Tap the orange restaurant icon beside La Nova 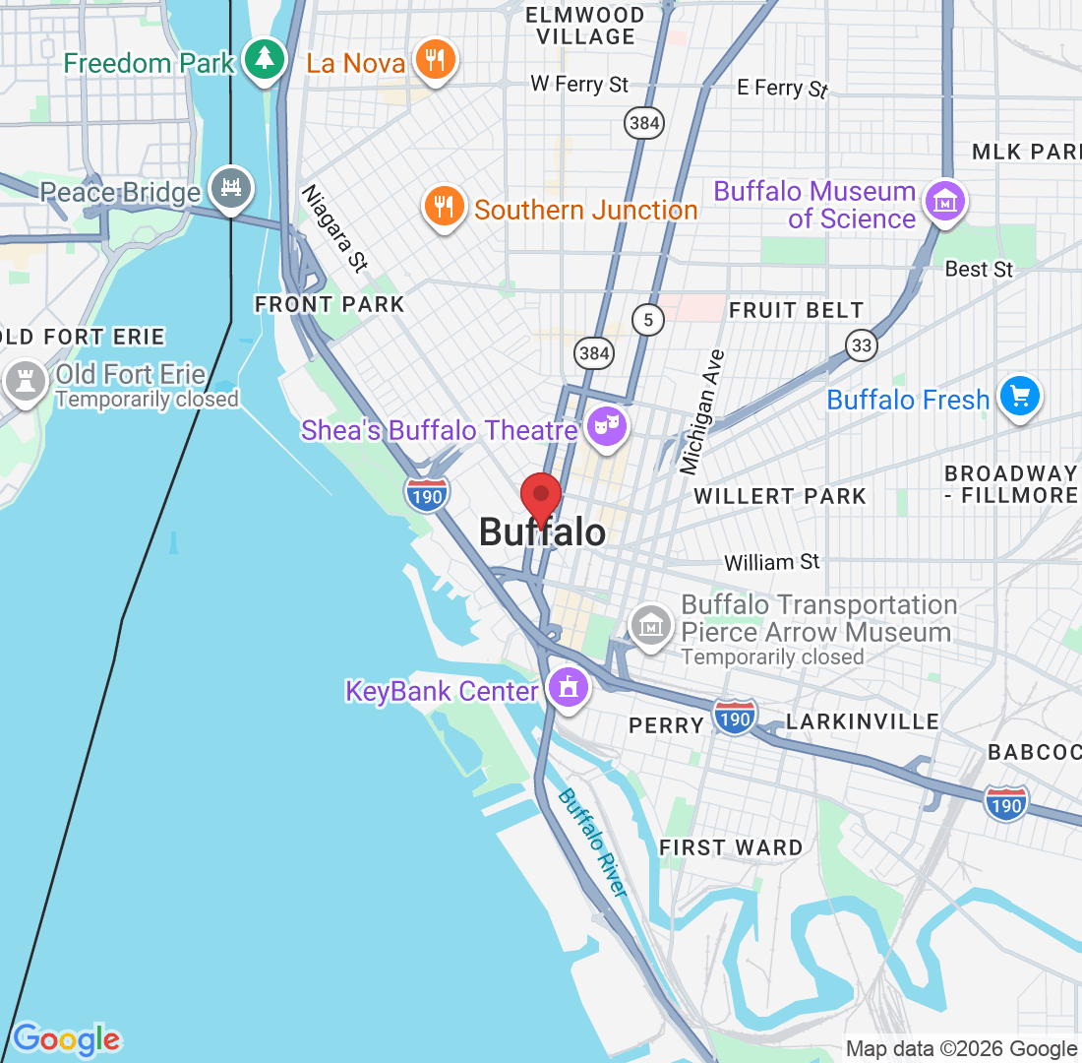[x=434, y=60]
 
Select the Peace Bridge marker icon [x=231, y=187]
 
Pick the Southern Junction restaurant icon [x=445, y=206]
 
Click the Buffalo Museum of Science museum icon [x=944, y=202]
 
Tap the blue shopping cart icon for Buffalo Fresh [x=1019, y=397]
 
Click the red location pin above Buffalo [x=540, y=498]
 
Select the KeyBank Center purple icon [x=567, y=688]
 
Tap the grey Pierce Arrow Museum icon [x=650, y=624]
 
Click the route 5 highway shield [x=646, y=319]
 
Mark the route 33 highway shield [x=861, y=344]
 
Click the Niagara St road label [x=334, y=228]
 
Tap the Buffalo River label [x=592, y=843]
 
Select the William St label [x=771, y=562]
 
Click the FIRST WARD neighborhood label [x=731, y=847]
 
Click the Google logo [x=67, y=1037]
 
